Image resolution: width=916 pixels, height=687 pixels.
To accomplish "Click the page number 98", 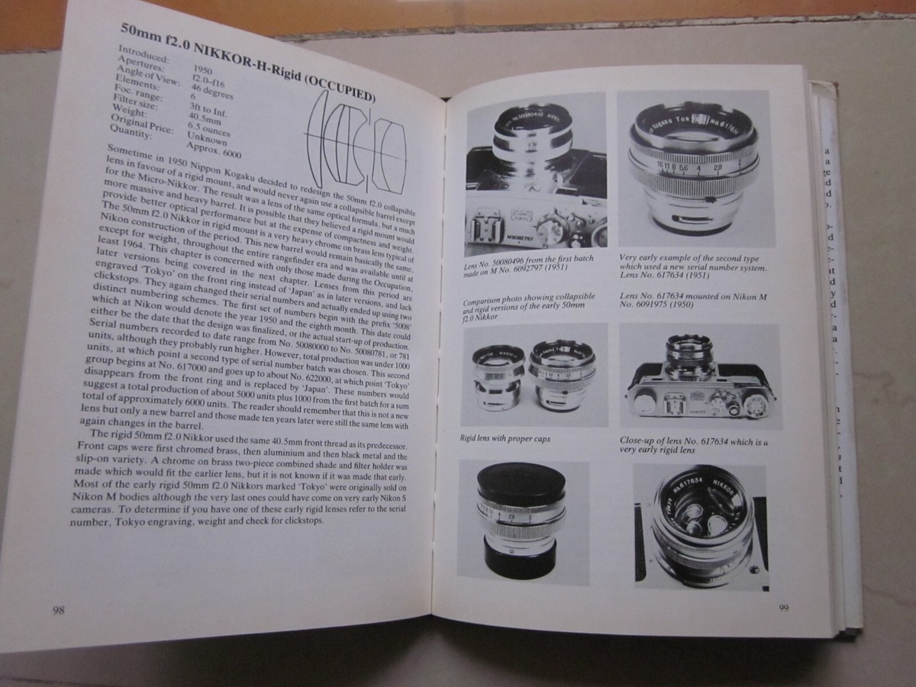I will point(57,609).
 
